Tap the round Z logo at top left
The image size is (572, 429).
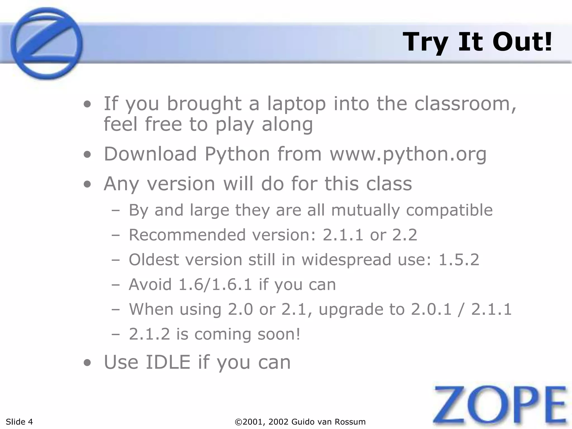[46, 43]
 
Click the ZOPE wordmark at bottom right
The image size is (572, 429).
[500, 405]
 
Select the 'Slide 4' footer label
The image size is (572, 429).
[19, 421]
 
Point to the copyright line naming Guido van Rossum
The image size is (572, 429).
[301, 421]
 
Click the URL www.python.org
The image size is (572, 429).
[408, 154]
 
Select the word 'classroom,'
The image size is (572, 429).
[465, 104]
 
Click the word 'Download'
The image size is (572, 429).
[150, 154]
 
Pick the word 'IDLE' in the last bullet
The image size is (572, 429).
[168, 362]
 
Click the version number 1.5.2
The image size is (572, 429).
[459, 260]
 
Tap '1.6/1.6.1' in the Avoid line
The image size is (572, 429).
[215, 285]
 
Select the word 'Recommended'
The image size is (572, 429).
[187, 235]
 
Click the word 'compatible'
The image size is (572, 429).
[449, 210]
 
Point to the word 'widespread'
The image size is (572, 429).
[346, 260]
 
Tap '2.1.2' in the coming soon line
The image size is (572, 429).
[149, 334]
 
